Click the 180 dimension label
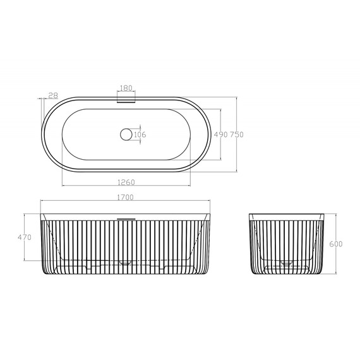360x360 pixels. (x=126, y=88)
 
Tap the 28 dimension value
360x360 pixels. (x=53, y=95)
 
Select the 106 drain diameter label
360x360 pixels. (x=140, y=135)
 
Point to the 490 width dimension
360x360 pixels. (x=220, y=135)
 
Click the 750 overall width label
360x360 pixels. (x=237, y=135)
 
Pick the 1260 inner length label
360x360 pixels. (x=126, y=183)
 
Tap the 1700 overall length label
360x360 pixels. (x=125, y=198)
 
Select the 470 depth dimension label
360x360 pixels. (x=25, y=237)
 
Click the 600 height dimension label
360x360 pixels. (x=336, y=244)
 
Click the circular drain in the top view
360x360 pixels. (x=126, y=135)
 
